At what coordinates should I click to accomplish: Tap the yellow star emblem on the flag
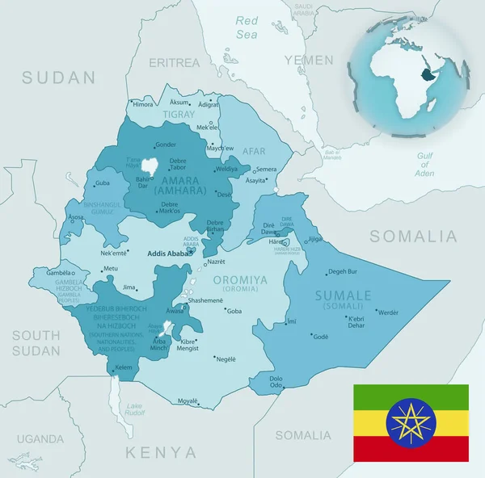coord(411,422)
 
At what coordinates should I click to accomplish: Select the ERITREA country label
coord(174,62)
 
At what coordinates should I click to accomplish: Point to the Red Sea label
coord(247,27)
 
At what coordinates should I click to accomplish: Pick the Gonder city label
coord(166,145)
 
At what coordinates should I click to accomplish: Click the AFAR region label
coord(254,150)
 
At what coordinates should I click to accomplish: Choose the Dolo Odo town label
coord(276,382)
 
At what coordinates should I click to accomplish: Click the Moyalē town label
coord(188,400)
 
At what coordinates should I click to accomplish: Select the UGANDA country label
coord(40,439)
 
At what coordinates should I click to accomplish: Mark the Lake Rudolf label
coord(134,409)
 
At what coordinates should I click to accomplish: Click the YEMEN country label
coord(308,61)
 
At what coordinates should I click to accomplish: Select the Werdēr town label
coord(388,312)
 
